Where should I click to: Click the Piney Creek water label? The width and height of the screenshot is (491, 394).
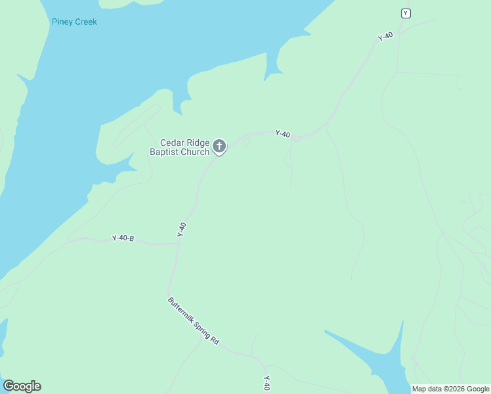point(74,22)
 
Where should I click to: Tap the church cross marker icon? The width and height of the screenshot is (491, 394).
point(219,146)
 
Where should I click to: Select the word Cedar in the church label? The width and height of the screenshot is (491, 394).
point(173,142)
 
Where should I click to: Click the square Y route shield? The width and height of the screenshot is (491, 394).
point(406,13)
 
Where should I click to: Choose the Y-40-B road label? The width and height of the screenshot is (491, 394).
point(123,238)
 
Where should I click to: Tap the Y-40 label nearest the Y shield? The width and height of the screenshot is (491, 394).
point(385,37)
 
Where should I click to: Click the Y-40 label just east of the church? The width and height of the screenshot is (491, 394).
point(282,134)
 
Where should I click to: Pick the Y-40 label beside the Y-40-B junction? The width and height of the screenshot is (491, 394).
point(182,229)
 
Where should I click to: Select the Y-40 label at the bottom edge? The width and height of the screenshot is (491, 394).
point(267,382)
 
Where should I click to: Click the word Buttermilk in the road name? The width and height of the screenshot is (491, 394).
point(181,312)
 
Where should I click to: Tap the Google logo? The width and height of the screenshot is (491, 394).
point(22,386)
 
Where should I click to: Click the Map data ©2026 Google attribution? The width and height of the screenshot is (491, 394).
point(450,389)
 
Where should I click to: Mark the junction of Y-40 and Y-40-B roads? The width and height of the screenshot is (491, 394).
point(179,243)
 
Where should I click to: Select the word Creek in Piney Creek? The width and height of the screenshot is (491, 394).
point(85,22)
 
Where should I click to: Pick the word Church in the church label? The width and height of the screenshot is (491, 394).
point(196,152)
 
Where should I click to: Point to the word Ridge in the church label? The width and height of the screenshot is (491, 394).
point(198,142)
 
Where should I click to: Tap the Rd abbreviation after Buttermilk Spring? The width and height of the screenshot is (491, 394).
point(215,342)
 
